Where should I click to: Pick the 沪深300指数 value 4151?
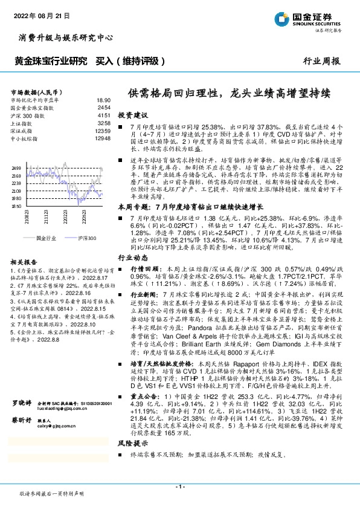point(104,115)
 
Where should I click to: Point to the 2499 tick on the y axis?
point(16,167)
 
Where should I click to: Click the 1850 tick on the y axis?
point(16,206)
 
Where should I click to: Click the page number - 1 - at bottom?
point(179,487)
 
